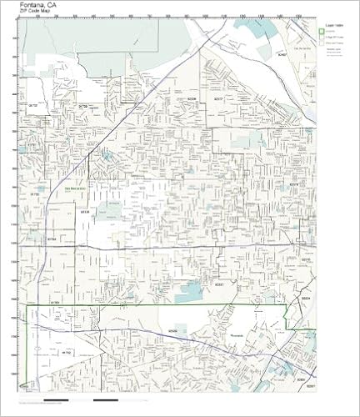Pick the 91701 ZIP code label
pos(34,143)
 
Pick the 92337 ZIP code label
pos(218,283)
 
